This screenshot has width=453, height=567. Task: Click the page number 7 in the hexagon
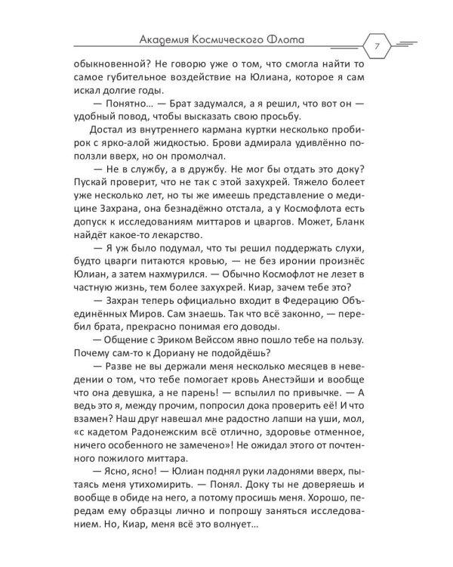tap(376, 45)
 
